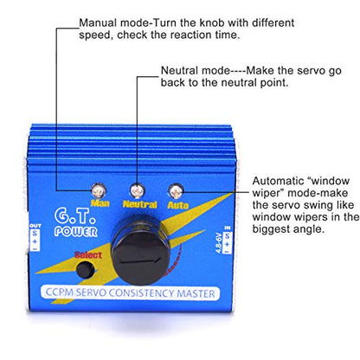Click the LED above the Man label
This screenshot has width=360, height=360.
pos(99,190)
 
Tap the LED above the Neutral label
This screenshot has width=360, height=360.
pos(138,190)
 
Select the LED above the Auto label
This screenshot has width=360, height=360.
pos(176,191)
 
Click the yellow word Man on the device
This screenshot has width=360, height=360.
pos(100,203)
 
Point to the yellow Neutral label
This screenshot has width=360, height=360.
pos(140,204)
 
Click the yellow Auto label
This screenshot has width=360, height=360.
pos(178,205)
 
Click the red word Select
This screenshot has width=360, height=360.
pos(88,255)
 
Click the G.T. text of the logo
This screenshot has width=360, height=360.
pos(75,216)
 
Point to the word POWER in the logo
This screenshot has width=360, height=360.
pos(76,232)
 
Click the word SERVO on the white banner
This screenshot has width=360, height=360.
pos(91,292)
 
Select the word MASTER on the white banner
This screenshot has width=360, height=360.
pos(196,293)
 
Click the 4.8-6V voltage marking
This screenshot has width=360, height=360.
pos(218,242)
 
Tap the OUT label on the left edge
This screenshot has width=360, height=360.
pos(35,226)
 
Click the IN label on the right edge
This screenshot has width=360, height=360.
pos(228,228)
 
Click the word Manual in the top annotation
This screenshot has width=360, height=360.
pos(98,22)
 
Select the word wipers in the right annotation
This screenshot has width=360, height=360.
pos(311,217)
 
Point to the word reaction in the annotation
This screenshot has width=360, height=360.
pos(190,35)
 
